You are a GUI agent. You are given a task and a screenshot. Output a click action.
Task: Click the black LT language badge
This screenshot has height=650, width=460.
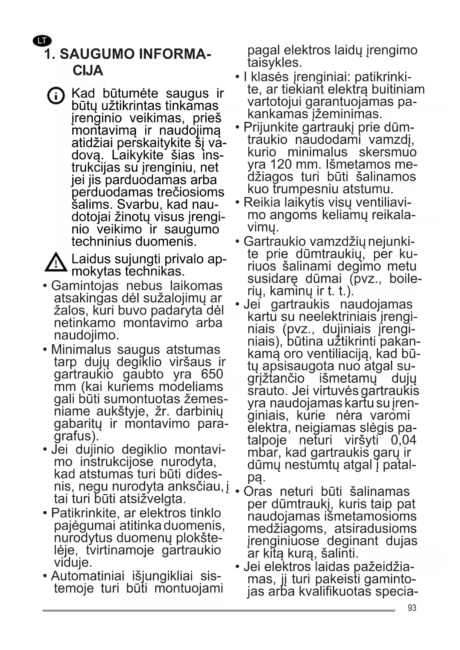coord(42,41)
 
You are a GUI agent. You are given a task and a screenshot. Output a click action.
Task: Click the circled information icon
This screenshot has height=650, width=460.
coord(56,96)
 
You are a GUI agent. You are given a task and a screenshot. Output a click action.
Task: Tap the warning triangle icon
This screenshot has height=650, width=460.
coord(56,262)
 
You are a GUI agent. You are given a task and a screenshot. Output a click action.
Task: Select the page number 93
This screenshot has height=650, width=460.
coord(412,608)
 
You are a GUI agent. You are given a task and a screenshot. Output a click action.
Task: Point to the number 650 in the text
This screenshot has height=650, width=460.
coord(212,374)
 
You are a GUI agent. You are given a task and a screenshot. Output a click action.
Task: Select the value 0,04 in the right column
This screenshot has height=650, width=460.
coord(403,440)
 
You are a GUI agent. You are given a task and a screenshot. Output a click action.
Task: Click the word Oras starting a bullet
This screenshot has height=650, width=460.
coord(258,492)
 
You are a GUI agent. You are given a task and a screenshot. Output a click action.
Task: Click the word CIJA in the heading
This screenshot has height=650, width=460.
coord(88,71)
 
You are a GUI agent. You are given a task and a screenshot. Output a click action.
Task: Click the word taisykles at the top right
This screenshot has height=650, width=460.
coord(275,63)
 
